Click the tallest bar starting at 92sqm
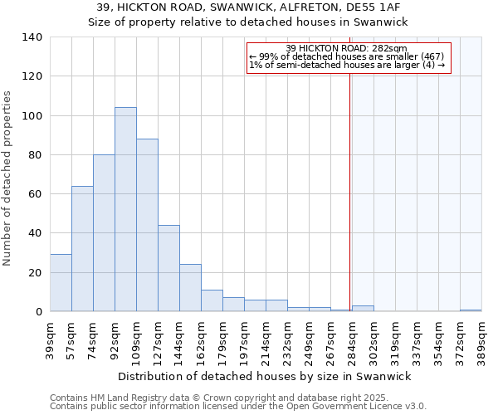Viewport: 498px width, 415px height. click(x=125, y=209)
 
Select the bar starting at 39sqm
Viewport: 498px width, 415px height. click(x=61, y=283)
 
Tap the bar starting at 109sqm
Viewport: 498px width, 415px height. click(x=147, y=225)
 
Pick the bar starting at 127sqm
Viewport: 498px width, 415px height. click(x=168, y=268)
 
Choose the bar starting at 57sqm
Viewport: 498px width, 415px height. click(x=82, y=249)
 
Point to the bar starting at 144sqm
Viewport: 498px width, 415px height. click(x=190, y=288)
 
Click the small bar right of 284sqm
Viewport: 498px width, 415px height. click(x=363, y=309)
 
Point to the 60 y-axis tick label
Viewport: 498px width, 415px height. click(x=36, y=194)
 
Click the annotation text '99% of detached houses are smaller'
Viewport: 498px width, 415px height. click(x=347, y=56)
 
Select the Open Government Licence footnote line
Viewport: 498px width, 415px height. click(x=238, y=407)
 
